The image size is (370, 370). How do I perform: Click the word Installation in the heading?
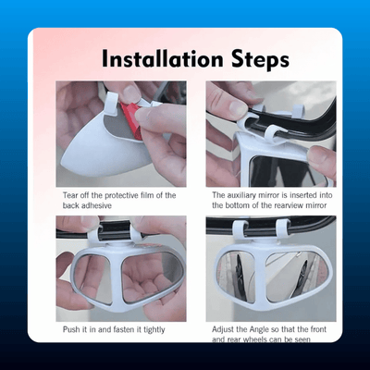click(162, 59)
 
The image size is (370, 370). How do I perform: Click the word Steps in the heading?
click(261, 61)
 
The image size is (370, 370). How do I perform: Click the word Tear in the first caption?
click(70, 195)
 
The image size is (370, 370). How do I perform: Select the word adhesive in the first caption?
click(95, 205)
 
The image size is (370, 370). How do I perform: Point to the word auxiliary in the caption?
click(243, 195)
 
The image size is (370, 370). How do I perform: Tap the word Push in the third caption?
click(71, 329)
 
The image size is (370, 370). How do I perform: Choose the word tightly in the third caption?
click(153, 330)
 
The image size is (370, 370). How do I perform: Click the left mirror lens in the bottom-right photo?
click(236, 274)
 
